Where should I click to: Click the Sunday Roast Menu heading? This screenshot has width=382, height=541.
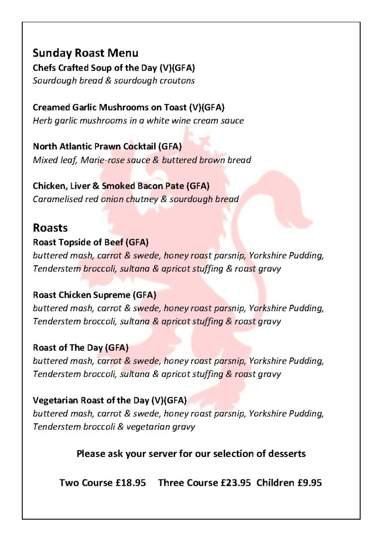(85, 53)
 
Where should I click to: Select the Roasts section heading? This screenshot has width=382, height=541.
(50, 228)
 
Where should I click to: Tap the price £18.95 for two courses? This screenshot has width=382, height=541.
(130, 482)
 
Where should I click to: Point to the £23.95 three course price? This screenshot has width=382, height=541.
(235, 482)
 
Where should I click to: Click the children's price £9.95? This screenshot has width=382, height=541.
(309, 482)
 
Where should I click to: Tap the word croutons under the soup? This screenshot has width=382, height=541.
(178, 80)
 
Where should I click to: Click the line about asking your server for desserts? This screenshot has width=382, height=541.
(191, 454)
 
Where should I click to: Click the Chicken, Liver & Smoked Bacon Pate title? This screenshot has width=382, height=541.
(121, 186)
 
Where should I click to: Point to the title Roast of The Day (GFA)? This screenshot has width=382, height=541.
(81, 347)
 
